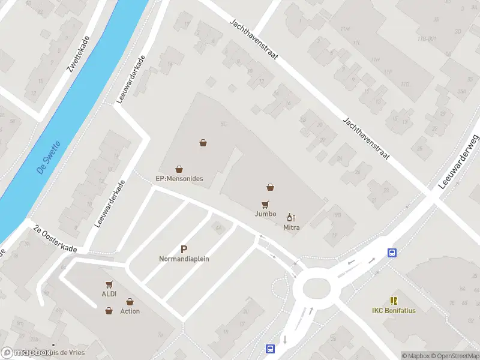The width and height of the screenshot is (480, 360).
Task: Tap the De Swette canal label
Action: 49,157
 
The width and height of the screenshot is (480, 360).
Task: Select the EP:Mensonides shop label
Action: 179,179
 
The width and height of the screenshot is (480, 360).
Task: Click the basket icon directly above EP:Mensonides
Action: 179,169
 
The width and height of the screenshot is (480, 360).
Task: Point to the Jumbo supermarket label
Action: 265,214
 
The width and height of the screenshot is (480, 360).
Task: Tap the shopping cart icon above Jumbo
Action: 265,204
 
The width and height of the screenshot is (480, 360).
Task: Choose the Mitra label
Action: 292,227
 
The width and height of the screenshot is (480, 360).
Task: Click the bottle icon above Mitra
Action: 292,217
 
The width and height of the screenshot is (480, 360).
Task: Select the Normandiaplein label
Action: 184,259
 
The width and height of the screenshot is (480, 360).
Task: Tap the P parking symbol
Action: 184,249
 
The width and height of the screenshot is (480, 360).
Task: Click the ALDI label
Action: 109,294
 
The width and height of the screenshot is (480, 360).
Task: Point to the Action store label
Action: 130,311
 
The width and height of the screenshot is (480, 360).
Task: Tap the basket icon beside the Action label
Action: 109,311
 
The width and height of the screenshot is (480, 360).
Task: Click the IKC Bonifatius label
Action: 394,310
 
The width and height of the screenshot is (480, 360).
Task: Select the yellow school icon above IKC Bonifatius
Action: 394,300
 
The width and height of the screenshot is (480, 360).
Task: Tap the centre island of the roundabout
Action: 316,289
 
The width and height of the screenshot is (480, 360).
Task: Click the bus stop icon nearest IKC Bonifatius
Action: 392,253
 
